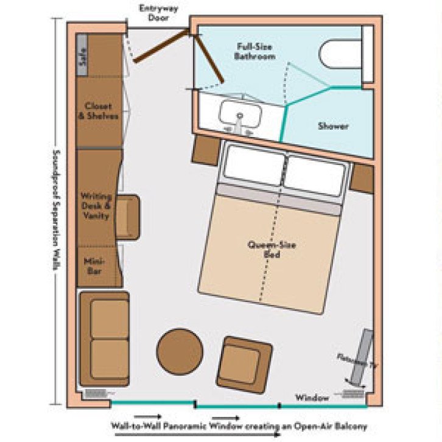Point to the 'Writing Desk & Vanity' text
[x=97, y=206]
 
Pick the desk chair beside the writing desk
[x=128, y=217]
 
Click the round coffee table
[x=180, y=352]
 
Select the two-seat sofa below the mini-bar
[x=104, y=338]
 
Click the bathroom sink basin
[x=240, y=114]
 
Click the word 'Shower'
[x=333, y=126]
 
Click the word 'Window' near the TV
[x=312, y=398]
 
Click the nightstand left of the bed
[x=206, y=150]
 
